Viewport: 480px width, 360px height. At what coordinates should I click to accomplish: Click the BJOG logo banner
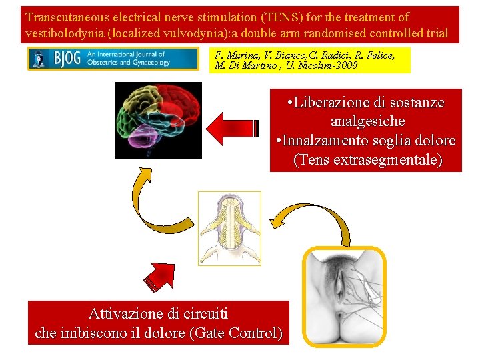113,59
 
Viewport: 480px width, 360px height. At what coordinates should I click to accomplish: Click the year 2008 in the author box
343,65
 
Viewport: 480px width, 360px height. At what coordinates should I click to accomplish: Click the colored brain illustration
159,120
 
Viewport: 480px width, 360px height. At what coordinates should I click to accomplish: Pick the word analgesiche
367,122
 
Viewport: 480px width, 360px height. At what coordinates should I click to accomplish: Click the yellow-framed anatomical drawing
344,297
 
